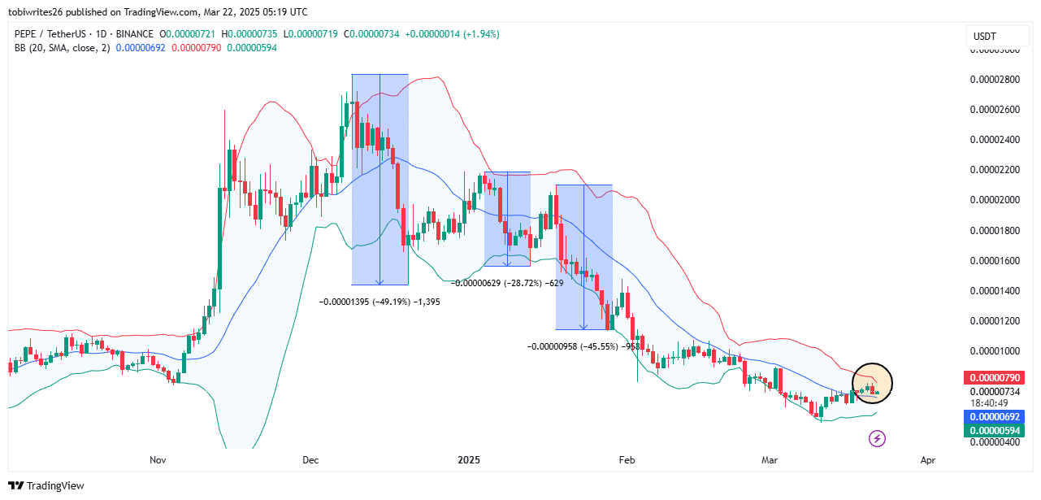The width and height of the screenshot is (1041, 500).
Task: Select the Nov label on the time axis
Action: point(158,460)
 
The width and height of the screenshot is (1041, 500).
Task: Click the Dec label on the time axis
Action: point(310,460)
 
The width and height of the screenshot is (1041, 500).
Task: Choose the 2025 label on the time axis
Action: point(469,460)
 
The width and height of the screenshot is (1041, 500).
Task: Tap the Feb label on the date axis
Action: point(627,460)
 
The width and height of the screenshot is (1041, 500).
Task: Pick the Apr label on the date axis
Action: point(929,460)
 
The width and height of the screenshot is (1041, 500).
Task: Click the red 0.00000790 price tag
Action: point(996,378)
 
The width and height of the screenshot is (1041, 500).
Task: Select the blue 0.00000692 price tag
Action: point(996,416)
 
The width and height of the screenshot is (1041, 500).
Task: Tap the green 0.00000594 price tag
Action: point(996,430)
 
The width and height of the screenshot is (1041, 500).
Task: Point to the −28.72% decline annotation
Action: point(508,283)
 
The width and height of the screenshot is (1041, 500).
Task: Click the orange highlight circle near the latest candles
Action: point(872,382)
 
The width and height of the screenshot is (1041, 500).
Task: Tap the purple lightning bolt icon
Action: point(878,439)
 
